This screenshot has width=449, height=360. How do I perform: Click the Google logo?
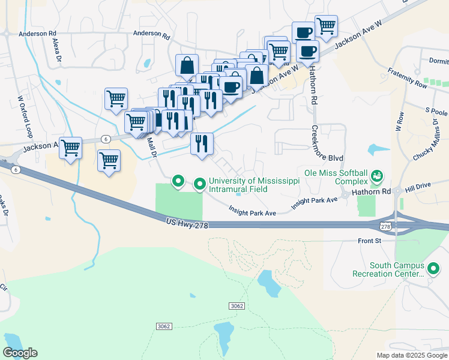click(20, 353)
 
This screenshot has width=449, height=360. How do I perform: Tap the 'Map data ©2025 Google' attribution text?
click(411, 355)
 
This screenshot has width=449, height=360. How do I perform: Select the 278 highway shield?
click(385, 226)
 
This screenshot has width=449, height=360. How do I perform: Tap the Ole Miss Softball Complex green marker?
click(377, 176)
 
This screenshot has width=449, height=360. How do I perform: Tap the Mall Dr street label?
click(152, 147)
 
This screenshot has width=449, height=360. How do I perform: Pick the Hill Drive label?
click(418, 188)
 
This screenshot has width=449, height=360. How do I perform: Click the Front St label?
click(370, 241)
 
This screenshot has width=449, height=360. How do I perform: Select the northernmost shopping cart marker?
click(326, 26)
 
